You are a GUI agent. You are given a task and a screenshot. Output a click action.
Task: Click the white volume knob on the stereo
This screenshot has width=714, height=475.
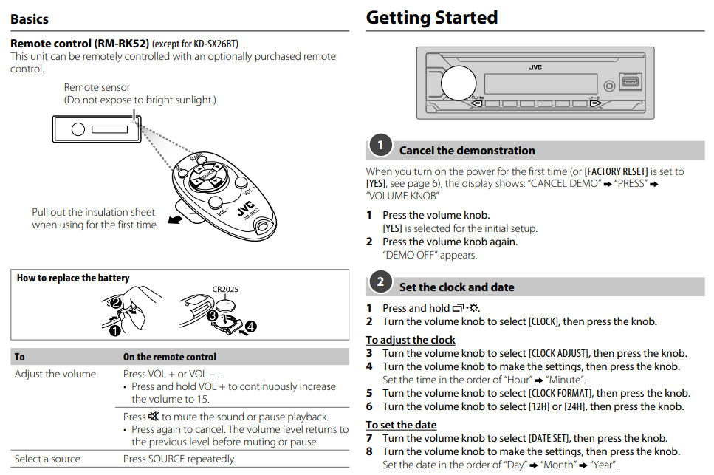point(459,83)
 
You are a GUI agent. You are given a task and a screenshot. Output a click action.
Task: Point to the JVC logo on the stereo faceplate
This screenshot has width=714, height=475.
point(536,67)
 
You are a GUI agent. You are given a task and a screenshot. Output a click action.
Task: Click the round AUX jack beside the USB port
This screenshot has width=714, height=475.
point(608,85)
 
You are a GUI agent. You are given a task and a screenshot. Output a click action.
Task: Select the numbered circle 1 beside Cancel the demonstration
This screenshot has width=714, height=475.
point(380,146)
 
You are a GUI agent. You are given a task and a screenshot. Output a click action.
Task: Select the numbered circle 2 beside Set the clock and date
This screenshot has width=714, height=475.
point(380,281)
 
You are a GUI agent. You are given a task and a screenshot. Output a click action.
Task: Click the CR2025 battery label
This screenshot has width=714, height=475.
point(224,290)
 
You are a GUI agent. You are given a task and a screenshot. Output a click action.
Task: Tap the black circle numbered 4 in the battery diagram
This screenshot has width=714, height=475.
point(250,326)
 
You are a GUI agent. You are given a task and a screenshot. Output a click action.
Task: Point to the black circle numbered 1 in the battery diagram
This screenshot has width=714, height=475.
point(114,330)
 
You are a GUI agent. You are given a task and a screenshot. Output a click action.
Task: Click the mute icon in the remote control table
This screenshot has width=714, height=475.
point(154,417)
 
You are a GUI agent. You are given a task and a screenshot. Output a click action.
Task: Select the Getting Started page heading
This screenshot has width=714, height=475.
point(432,17)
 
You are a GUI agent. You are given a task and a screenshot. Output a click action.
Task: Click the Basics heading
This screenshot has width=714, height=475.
point(30,18)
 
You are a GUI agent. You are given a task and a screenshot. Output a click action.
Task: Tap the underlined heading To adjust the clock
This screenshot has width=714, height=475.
point(411,340)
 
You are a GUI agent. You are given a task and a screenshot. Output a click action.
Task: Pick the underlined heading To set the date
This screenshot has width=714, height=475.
point(401,425)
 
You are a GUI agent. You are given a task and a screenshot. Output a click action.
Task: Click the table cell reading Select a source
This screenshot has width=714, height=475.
point(47,459)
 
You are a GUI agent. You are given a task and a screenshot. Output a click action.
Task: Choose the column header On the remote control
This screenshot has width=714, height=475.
point(170,357)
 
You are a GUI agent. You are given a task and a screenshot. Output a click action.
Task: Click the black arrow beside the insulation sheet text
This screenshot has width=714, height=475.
point(175,219)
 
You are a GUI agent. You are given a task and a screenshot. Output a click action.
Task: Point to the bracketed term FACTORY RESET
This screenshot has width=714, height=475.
point(616,171)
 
